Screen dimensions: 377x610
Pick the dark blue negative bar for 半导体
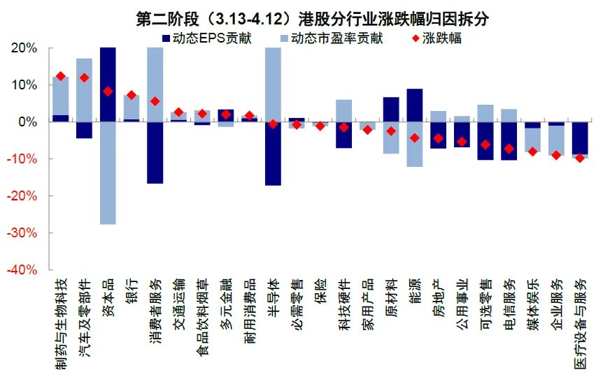(273, 154)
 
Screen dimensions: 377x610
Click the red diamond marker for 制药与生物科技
(60, 77)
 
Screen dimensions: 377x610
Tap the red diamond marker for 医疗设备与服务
(580, 158)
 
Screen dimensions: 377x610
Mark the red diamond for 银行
(131, 95)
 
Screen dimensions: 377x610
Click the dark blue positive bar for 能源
(414, 105)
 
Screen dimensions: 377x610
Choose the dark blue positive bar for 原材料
(391, 110)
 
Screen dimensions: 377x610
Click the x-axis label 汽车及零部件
(84, 318)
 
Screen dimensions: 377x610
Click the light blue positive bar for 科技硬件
(343, 111)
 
